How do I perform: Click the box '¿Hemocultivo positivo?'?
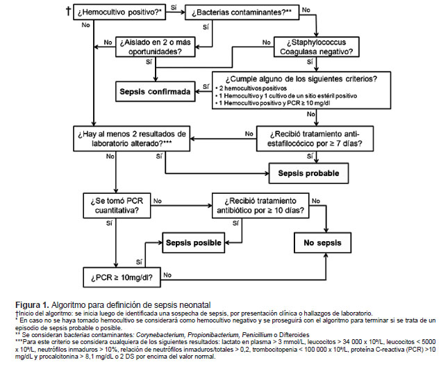[x=119, y=12]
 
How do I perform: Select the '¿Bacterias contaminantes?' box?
[x=242, y=12]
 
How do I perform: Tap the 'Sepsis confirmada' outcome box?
[x=156, y=92]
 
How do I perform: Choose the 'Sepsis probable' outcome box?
[x=308, y=173]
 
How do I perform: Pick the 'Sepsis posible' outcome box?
[x=194, y=243]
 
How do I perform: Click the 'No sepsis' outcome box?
[x=323, y=243]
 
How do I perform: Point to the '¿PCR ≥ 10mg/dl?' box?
[x=122, y=277]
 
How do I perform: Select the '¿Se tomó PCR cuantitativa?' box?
[x=117, y=206]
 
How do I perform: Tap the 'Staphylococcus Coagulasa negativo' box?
[x=317, y=47]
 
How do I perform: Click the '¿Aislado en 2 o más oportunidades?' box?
[x=156, y=47]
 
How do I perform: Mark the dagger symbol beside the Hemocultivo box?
[x=68, y=11]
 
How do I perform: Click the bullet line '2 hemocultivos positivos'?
[x=251, y=88]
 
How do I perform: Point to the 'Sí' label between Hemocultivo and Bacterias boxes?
[x=174, y=7]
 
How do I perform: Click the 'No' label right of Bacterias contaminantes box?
[x=306, y=10]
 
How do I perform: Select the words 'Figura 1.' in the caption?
[x=33, y=305]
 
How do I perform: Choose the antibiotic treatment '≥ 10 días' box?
[x=260, y=206]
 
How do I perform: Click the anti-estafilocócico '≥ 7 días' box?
[x=315, y=138]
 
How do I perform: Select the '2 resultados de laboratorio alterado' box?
[x=132, y=138]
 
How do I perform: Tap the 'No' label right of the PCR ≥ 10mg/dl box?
[x=167, y=275]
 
